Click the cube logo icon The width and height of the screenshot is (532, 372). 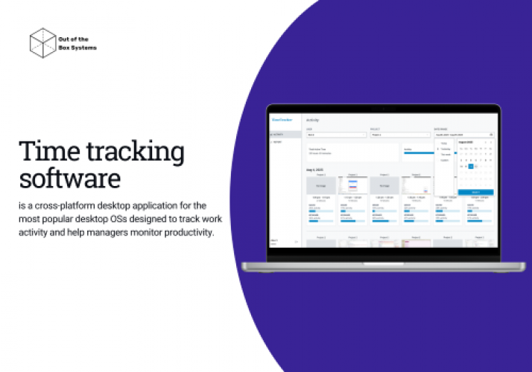[x=43, y=42]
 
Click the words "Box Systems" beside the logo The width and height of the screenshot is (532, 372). [x=77, y=48]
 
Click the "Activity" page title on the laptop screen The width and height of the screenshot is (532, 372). [x=313, y=120]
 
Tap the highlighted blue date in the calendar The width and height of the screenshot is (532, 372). [x=470, y=166]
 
